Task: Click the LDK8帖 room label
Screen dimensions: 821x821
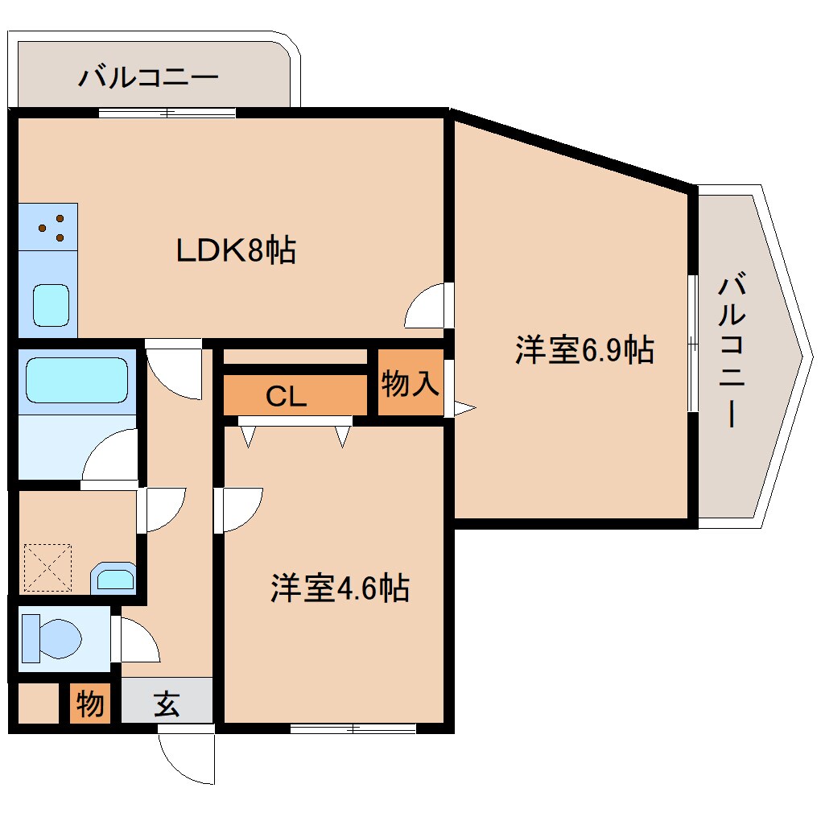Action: click(236, 250)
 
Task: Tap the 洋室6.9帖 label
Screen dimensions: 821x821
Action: click(584, 350)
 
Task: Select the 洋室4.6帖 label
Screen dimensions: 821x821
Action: click(339, 588)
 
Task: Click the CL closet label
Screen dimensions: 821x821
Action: click(287, 396)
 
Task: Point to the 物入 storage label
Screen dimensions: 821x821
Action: click(410, 384)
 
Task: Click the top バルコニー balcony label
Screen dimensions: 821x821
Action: click(148, 78)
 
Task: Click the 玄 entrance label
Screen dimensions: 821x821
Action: click(167, 704)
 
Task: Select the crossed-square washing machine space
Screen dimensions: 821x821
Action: click(47, 567)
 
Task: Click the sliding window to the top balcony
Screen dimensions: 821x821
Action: click(167, 113)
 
